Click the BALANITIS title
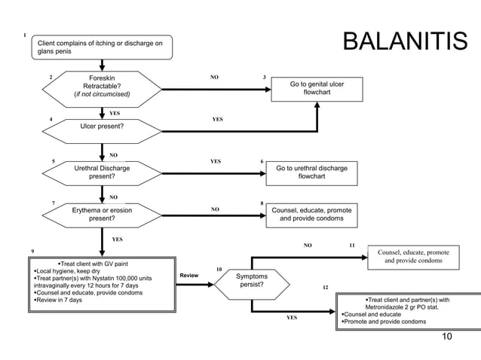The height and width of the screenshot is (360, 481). click(405, 43)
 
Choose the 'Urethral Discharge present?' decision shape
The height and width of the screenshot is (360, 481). click(103, 172)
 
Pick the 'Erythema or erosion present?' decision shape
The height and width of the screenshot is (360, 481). click(103, 215)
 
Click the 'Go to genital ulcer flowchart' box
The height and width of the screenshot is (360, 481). click(317, 89)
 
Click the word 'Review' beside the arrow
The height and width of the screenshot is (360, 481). click(188, 276)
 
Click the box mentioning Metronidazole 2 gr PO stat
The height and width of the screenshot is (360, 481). click(408, 310)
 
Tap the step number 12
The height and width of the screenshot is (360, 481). click(325, 288)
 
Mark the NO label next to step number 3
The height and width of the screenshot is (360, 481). click(215, 77)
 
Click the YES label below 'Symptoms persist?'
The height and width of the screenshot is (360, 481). click(292, 318)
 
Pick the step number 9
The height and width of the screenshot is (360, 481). click(32, 249)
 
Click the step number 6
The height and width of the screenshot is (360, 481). click(262, 161)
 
